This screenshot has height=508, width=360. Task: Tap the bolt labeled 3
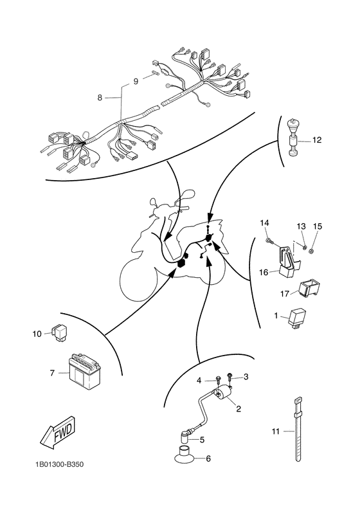pos(230,376)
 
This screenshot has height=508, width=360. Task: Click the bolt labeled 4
pos(217,379)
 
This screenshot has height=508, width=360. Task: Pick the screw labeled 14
pos(269,240)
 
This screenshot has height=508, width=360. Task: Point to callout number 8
pos(100,97)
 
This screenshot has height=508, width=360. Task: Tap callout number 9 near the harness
pos(136,81)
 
